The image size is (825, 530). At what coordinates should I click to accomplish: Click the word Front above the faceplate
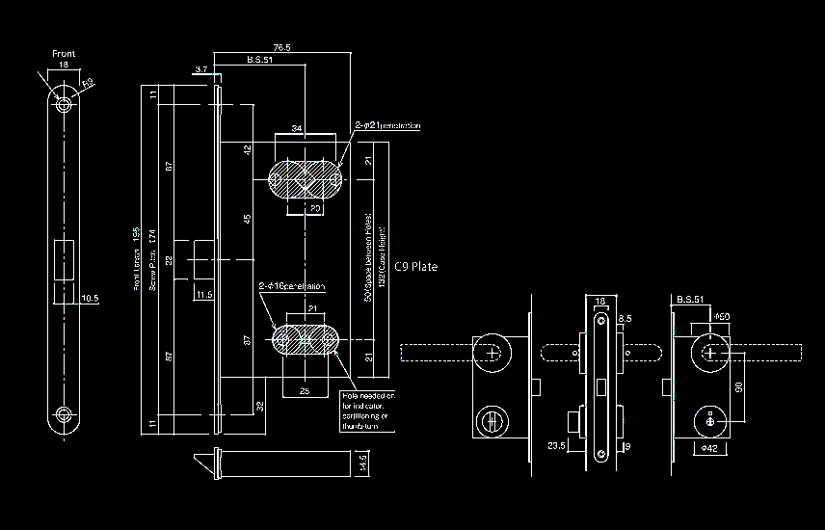[64, 54]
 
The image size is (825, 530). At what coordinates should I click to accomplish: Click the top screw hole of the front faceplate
[64, 103]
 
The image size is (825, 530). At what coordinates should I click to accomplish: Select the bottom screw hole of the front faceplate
[64, 415]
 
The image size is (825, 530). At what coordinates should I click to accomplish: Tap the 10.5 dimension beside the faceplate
[91, 299]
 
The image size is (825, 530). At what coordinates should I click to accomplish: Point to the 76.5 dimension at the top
[281, 47]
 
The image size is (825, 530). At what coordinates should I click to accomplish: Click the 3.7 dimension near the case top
[201, 70]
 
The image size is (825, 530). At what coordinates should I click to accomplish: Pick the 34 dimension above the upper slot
[297, 128]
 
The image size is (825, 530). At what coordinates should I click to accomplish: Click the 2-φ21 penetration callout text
[387, 126]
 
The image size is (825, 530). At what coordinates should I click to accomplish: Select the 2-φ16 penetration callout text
[291, 286]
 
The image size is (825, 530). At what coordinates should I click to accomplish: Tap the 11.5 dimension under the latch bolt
[204, 295]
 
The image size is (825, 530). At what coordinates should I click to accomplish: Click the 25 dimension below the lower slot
[304, 390]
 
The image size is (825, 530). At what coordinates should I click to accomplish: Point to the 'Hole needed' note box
[367, 411]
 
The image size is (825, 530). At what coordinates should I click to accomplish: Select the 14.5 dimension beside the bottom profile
[361, 463]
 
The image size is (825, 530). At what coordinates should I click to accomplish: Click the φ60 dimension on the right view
[723, 316]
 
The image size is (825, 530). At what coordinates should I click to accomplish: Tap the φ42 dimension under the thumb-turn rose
[709, 448]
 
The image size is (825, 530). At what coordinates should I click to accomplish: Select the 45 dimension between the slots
[247, 220]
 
